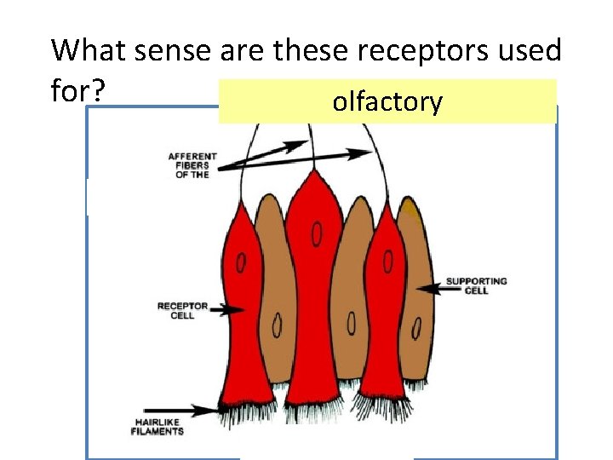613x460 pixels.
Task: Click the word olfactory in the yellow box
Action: [387, 103]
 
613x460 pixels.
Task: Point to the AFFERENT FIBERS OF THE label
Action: [192, 164]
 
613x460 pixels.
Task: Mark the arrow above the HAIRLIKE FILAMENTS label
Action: [182, 410]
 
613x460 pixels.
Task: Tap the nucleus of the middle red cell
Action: [317, 233]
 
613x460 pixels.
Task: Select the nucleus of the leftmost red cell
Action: [242, 263]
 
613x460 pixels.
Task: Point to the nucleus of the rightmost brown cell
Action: [417, 327]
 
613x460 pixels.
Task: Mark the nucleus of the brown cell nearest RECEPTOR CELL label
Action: [278, 325]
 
